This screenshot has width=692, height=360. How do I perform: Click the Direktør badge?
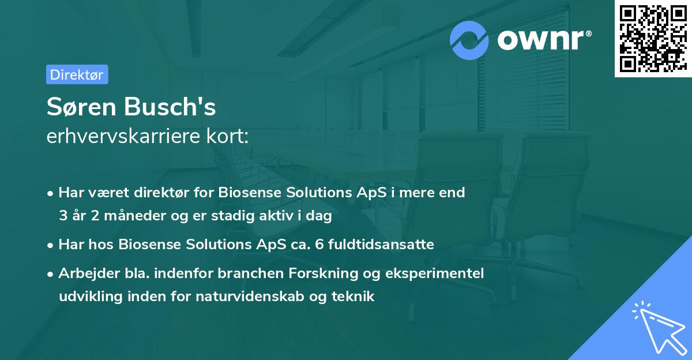[77, 74]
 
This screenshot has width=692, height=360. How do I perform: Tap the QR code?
[653, 39]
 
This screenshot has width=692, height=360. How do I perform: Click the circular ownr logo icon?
[469, 40]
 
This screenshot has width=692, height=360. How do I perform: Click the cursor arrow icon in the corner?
[657, 327]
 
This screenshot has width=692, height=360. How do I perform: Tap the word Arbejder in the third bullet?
[84, 273]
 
